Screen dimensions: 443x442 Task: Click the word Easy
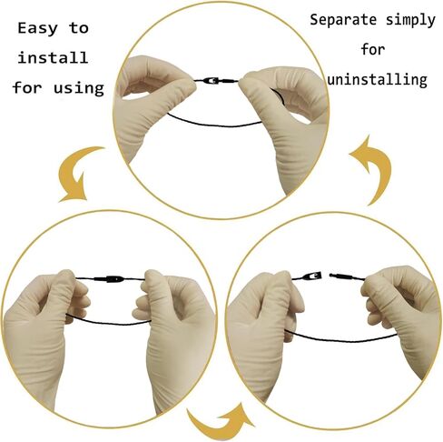(37, 29)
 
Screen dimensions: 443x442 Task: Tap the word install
(53, 57)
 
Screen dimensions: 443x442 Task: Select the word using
(79, 88)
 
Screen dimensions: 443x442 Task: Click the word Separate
(343, 20)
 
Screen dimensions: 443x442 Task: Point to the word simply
(410, 21)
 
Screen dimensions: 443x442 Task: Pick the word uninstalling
(378, 80)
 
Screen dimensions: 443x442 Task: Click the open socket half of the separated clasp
(312, 276)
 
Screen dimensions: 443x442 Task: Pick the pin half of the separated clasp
(340, 276)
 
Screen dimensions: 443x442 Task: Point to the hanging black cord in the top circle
(215, 124)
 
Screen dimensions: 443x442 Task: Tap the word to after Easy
(79, 28)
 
